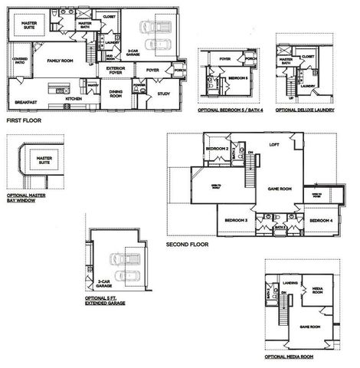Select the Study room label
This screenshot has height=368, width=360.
[x=162, y=95]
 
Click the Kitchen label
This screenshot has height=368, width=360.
[x=74, y=99]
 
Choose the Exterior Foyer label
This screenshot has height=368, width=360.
[x=116, y=71]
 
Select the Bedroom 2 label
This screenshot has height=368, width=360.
[x=216, y=148]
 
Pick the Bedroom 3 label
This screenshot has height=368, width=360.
[x=235, y=220]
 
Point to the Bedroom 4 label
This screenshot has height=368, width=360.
[x=319, y=220]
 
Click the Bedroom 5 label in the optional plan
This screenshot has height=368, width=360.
[x=237, y=77]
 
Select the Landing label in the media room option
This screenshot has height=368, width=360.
[x=290, y=283]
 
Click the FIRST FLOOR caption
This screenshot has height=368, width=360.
[x=25, y=120]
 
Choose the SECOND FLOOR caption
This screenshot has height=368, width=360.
[x=187, y=245]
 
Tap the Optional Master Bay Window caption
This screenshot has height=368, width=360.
[x=29, y=191]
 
